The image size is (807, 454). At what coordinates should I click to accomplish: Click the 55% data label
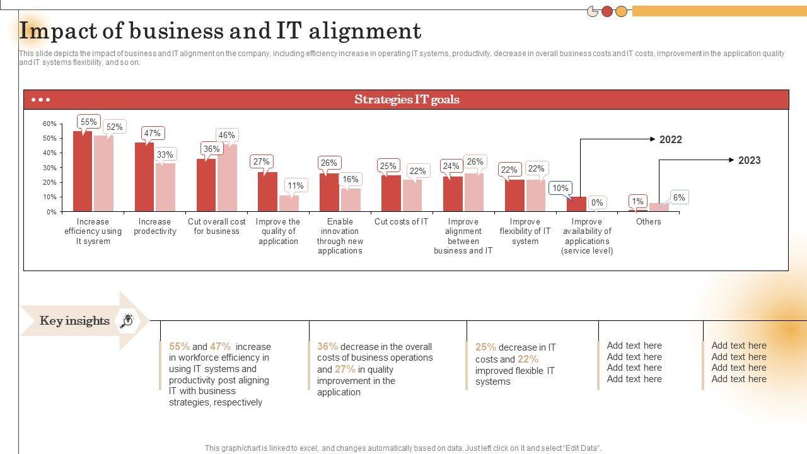tap(89, 122)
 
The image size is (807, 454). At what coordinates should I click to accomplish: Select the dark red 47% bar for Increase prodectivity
tap(144, 177)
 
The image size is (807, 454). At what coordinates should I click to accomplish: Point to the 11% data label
tap(295, 185)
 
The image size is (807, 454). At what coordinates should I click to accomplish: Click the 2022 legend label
tap(671, 140)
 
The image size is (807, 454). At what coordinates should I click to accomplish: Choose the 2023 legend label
tap(749, 161)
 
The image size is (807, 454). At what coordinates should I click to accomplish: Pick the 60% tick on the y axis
tap(50, 124)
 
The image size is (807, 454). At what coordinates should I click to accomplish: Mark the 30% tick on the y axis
tap(50, 168)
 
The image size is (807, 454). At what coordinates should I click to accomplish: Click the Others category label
tap(648, 222)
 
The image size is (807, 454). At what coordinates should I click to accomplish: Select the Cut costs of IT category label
tap(401, 222)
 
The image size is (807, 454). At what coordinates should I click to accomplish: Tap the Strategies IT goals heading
tap(407, 100)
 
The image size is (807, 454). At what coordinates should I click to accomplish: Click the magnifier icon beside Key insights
tap(127, 321)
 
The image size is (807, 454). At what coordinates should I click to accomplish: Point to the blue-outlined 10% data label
tap(560, 188)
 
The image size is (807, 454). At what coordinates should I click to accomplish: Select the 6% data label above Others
tap(678, 197)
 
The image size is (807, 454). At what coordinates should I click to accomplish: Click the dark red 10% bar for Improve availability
tap(576, 204)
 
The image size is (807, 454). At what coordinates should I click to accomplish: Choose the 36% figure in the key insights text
tap(327, 346)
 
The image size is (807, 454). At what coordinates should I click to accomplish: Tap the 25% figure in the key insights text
tap(485, 347)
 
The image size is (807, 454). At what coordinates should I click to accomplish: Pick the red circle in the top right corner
tap(607, 11)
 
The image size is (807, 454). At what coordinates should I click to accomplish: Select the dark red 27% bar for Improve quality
tap(267, 192)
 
